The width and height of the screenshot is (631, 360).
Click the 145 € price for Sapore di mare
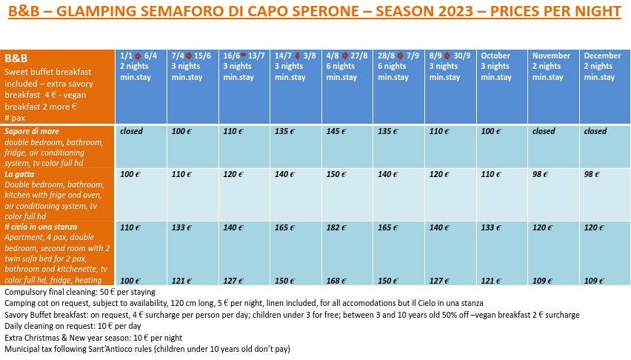coord(336,131)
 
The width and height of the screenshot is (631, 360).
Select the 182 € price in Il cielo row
coord(336,227)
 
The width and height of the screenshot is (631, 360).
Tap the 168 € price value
coord(336,281)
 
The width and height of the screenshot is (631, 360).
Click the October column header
coord(495,56)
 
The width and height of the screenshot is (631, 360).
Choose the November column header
coord(551,56)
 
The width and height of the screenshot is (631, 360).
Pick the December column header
coord(603,56)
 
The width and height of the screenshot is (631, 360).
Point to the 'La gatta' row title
coord(19,174)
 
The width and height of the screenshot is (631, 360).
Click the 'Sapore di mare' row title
coord(32,131)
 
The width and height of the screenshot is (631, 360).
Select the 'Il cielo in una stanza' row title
coord(41,227)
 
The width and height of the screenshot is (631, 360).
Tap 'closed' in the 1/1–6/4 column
coord(132,131)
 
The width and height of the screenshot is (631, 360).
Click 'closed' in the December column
coord(595,131)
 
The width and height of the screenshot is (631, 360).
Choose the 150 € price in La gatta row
coord(336,174)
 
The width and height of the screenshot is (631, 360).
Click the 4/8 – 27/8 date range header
coord(347,56)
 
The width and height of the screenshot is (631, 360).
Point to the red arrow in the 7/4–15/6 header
coord(188,56)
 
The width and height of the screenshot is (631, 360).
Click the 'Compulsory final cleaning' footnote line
coord(80,292)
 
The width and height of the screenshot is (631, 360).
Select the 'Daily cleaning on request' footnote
coord(73,326)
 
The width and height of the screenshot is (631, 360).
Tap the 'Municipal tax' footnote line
coord(147,349)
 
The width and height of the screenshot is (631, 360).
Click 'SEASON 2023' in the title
coord(424,11)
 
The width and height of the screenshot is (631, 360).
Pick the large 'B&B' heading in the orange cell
coord(16,59)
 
